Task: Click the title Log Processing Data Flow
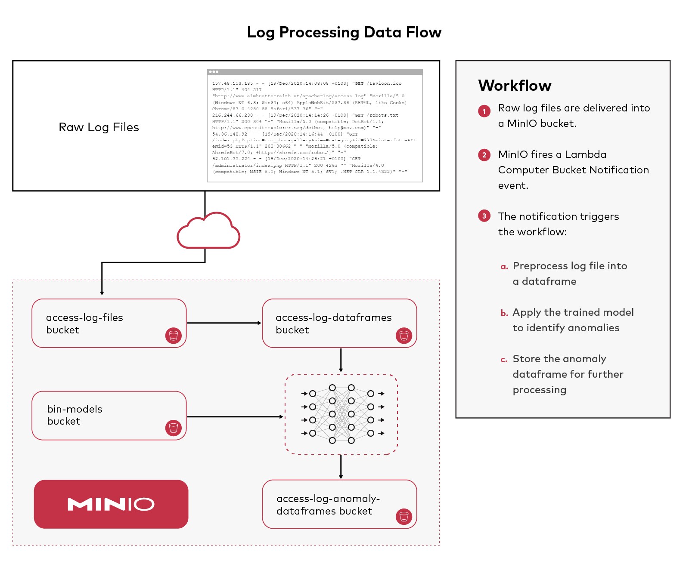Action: [344, 32]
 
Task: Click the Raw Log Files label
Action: [99, 127]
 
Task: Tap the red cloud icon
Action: [208, 231]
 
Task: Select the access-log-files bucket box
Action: [109, 323]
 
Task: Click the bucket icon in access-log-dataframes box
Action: [403, 335]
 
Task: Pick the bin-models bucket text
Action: [74, 415]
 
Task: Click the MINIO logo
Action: [111, 504]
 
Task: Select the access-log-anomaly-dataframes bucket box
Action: [339, 504]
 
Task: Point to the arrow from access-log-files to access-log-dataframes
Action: [224, 323]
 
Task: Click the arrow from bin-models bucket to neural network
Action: [235, 416]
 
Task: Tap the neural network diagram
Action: [341, 414]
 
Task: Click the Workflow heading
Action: [515, 86]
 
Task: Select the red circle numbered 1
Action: [484, 111]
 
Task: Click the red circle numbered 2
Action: [484, 155]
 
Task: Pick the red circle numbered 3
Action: [484, 216]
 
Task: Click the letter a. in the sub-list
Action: [504, 267]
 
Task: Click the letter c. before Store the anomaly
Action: [504, 360]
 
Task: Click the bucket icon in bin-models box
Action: [173, 428]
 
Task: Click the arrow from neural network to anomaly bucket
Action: [341, 466]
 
